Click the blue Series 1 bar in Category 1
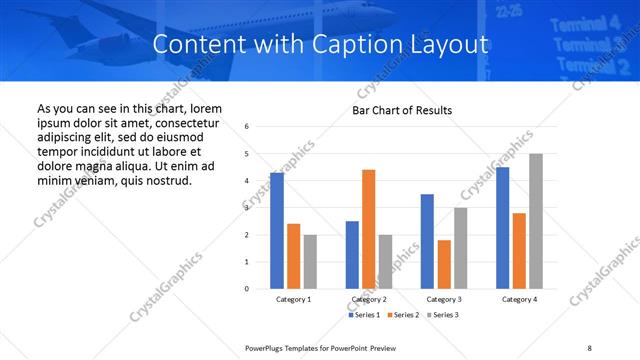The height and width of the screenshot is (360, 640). [277, 231]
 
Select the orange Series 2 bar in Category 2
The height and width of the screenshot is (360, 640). [368, 229]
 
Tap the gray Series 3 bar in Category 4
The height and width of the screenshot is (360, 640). [536, 221]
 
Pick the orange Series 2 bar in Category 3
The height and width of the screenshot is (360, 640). [444, 264]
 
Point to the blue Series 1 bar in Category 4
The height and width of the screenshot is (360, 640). [502, 228]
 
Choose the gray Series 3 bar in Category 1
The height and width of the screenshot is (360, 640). [310, 261]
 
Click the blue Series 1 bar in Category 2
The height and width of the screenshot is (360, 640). [352, 255]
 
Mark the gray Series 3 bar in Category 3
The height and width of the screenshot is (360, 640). [460, 248]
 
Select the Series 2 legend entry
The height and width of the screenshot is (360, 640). [403, 315]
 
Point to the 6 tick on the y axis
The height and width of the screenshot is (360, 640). [246, 127]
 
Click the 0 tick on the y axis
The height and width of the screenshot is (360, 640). [246, 289]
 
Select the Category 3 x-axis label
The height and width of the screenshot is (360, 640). [443, 299]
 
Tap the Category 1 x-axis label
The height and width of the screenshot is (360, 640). [293, 299]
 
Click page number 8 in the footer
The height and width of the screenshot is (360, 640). [589, 346]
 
